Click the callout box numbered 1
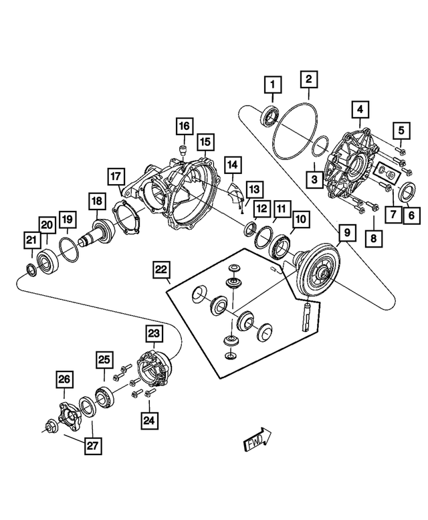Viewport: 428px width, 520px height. tap(273, 86)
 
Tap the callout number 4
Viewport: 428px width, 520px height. tap(359, 109)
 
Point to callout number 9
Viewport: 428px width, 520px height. tap(348, 234)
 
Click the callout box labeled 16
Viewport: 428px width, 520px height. tap(184, 126)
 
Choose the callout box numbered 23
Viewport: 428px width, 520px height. tap(154, 333)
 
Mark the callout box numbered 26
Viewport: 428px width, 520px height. tap(64, 380)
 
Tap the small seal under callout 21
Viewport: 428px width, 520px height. tap(31, 270)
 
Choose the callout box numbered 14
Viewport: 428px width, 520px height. tap(231, 164)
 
